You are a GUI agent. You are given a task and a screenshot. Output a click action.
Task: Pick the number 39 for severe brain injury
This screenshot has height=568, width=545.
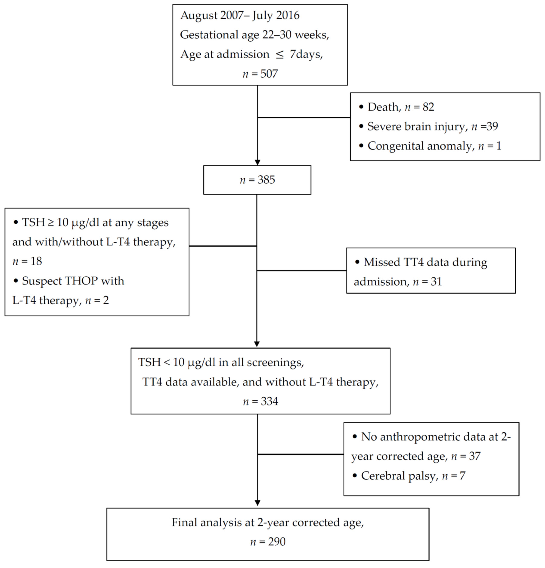[492, 126]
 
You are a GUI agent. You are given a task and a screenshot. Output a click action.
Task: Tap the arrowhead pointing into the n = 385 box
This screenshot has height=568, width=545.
[257, 162]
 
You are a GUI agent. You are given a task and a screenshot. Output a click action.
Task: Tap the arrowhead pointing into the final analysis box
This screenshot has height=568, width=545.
[257, 503]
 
